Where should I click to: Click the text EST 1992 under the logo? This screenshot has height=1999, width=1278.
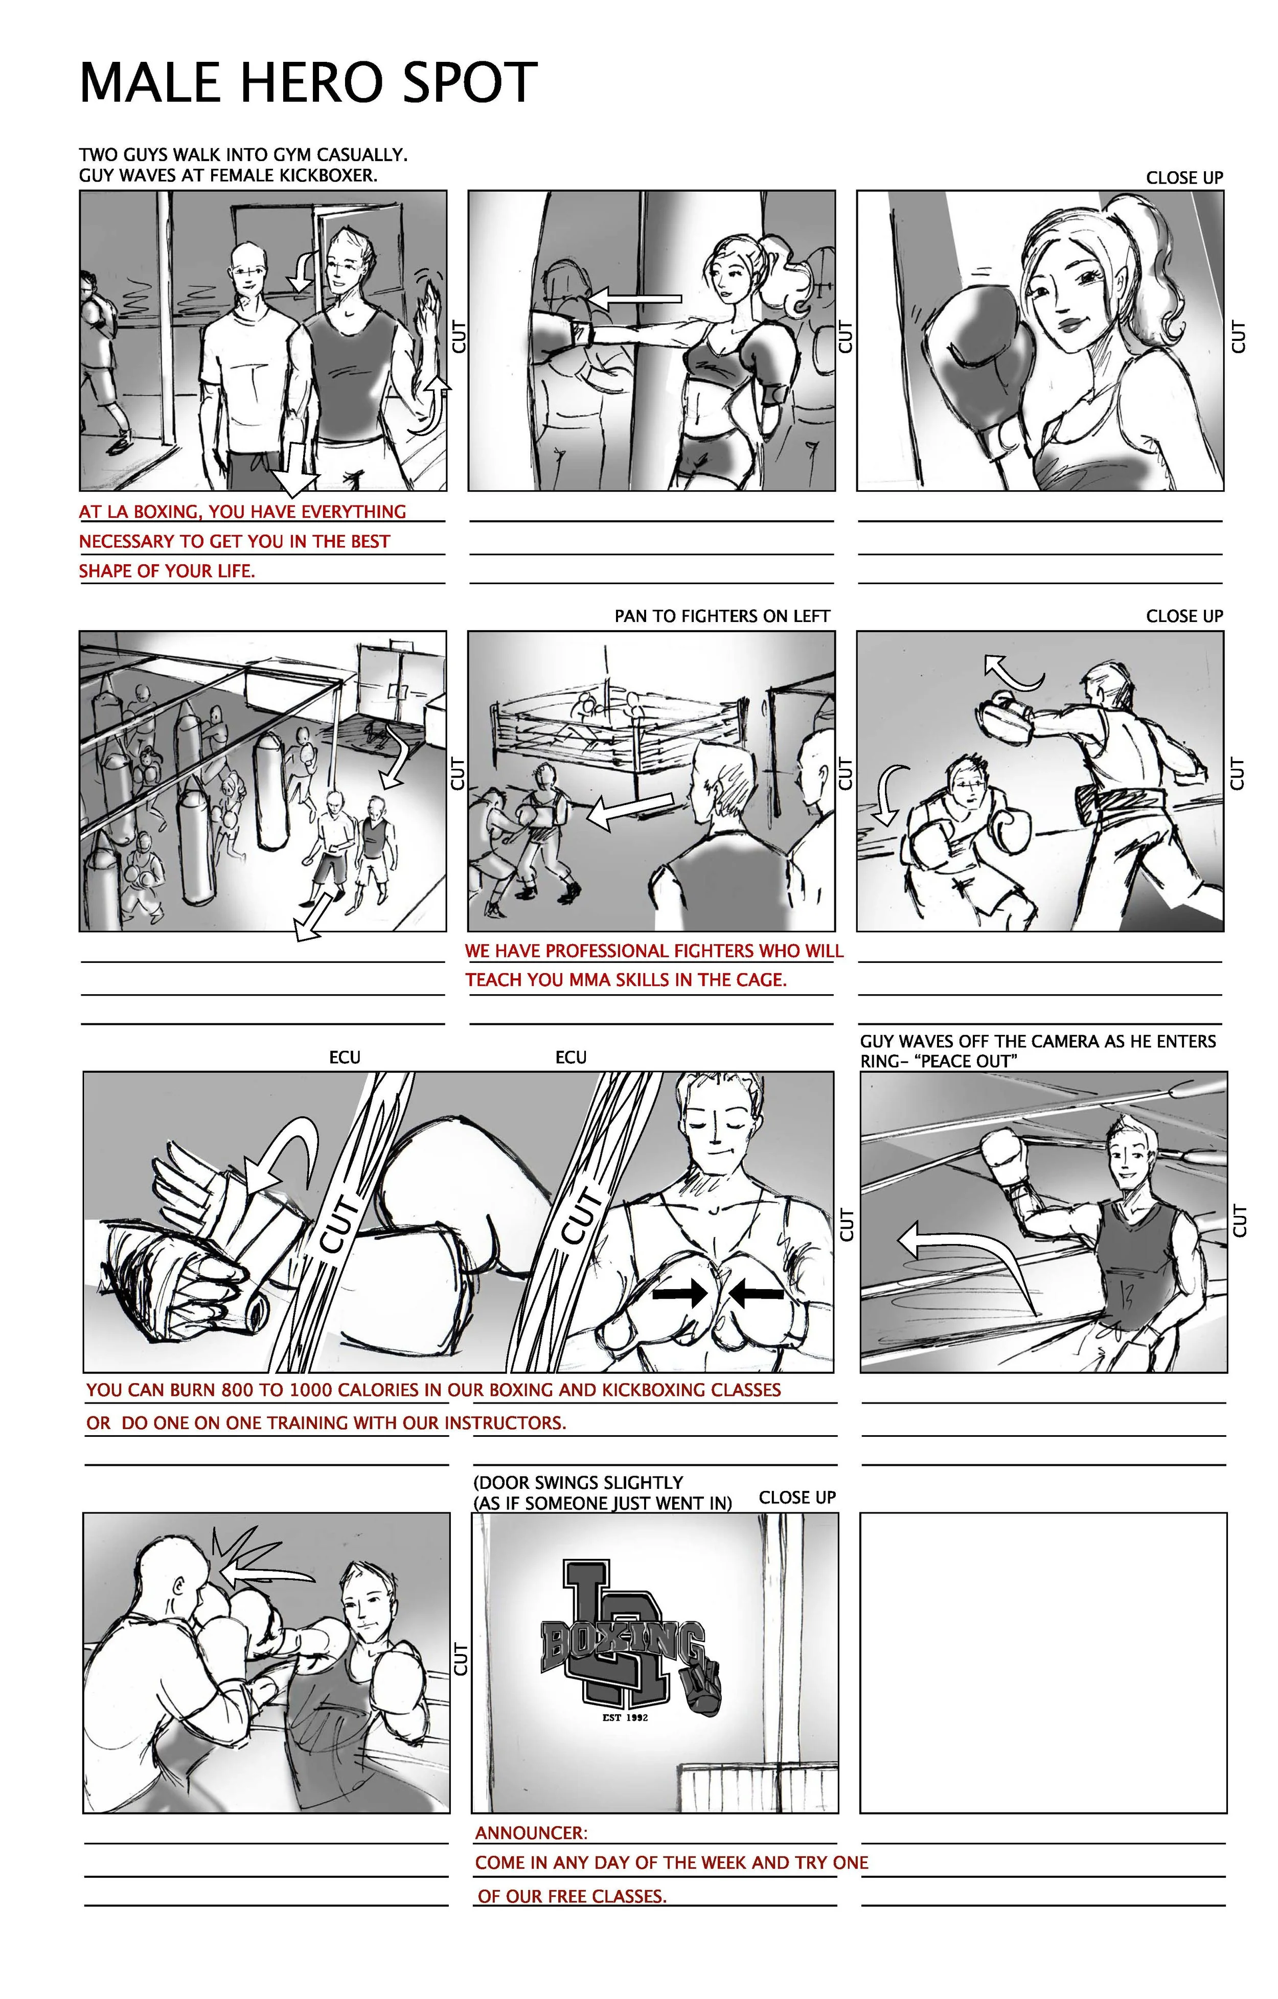point(625,1717)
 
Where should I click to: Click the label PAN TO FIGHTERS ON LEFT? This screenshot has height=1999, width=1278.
point(722,616)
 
